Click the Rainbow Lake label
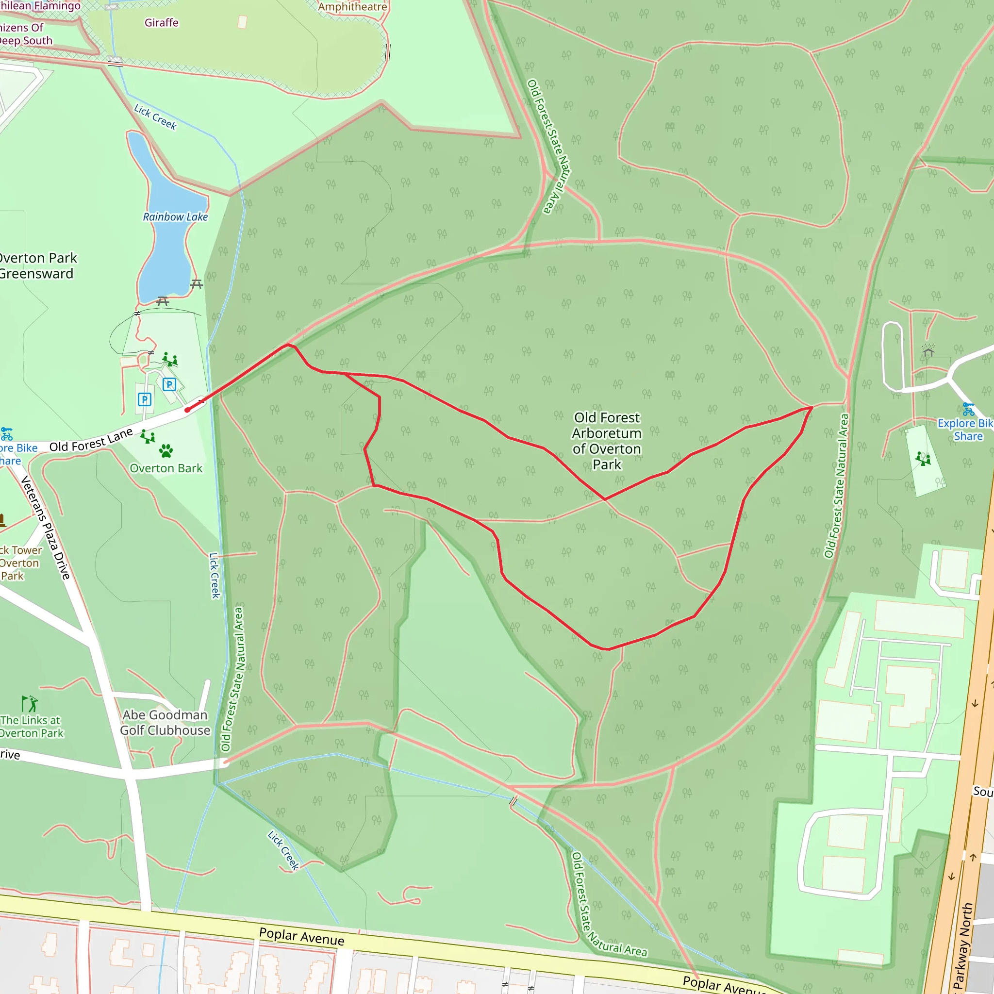(x=175, y=217)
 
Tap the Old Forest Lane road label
(x=91, y=440)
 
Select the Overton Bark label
(x=166, y=468)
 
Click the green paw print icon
(x=166, y=451)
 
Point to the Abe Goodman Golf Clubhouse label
(x=165, y=722)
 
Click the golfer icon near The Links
(x=30, y=703)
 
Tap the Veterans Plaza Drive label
(x=45, y=528)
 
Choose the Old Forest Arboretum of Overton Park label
(x=607, y=441)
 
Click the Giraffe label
(x=162, y=23)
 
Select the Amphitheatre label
(x=352, y=7)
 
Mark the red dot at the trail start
(x=187, y=410)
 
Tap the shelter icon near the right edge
(x=928, y=352)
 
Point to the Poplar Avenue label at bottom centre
(x=301, y=936)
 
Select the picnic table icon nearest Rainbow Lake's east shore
(x=197, y=283)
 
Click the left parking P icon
(x=145, y=399)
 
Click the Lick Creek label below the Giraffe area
(x=155, y=117)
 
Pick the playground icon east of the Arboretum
(x=923, y=458)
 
